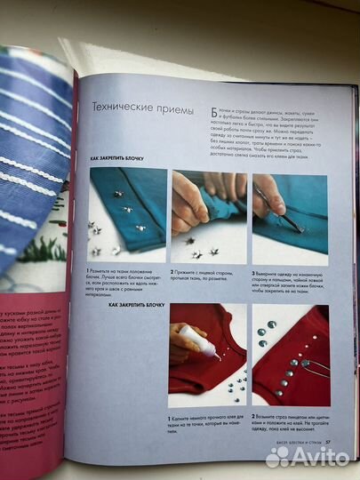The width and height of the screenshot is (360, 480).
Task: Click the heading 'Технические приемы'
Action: click(x=139, y=108)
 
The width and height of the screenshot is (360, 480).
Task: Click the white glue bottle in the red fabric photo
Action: click(x=197, y=341)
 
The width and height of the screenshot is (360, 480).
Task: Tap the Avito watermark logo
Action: click(x=307, y=456)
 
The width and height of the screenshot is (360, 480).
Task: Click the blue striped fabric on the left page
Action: click(x=31, y=160)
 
